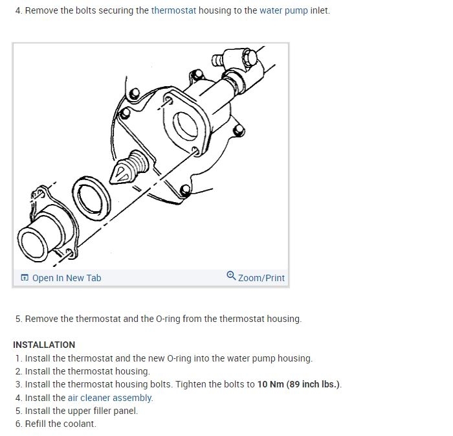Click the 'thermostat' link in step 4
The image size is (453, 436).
pyautogui.click(x=173, y=10)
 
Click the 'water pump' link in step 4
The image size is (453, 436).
pyautogui.click(x=283, y=10)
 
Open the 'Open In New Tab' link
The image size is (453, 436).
pyautogui.click(x=67, y=278)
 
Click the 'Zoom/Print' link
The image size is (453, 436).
pyautogui.click(x=261, y=278)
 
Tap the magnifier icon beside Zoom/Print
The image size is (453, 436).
pyautogui.click(x=231, y=277)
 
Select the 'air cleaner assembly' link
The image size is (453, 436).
pyautogui.click(x=110, y=398)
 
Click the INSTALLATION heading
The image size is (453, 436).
pyautogui.click(x=44, y=345)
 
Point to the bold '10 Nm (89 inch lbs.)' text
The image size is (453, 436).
pyautogui.click(x=298, y=384)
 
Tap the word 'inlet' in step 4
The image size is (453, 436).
pyautogui.click(x=320, y=10)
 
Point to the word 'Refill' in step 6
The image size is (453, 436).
pyautogui.click(x=36, y=424)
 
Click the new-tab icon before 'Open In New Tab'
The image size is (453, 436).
pyautogui.click(x=25, y=278)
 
